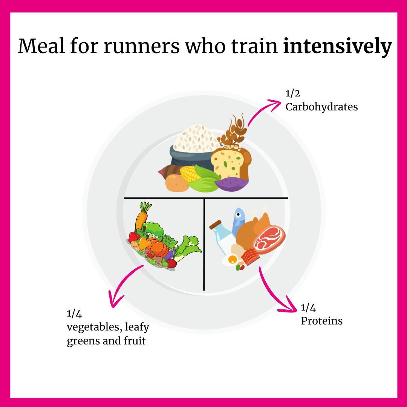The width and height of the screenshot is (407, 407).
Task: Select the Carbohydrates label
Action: [321, 107]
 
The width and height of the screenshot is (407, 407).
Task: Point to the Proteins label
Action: [321, 321]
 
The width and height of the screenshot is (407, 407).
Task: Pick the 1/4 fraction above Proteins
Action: [308, 308]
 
